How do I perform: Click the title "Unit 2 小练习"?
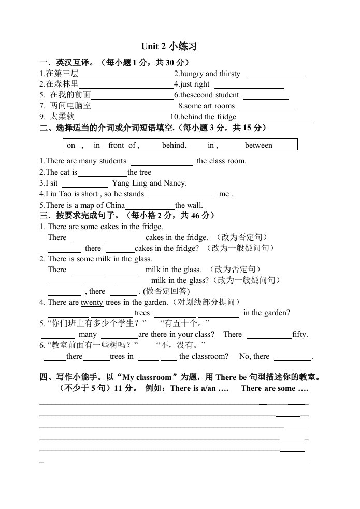[169, 47]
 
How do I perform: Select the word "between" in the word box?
[258, 145]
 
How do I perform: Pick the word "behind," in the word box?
[175, 145]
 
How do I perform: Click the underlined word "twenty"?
[92, 303]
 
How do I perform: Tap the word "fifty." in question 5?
[300, 335]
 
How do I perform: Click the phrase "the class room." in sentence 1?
[222, 161]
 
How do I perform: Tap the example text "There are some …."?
[275, 389]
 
